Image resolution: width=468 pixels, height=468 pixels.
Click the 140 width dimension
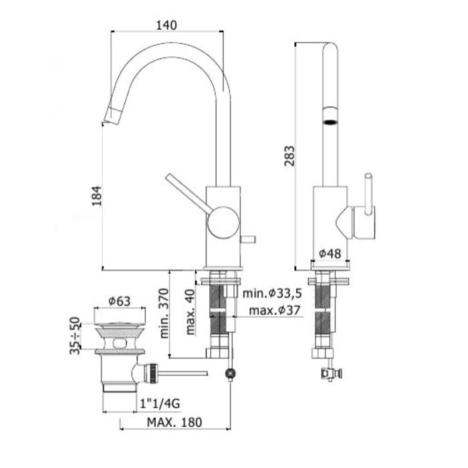[166, 25]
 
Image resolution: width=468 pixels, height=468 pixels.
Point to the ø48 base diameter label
[330, 253]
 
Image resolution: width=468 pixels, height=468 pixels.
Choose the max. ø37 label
[274, 311]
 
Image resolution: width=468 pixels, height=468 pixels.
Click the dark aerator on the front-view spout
[329, 121]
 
